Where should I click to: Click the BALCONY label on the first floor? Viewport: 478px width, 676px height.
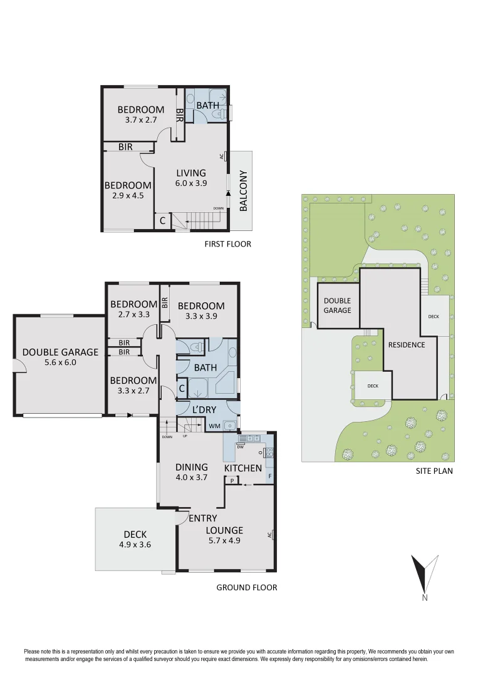click(244, 192)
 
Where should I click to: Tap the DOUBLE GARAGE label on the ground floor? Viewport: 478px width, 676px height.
click(60, 352)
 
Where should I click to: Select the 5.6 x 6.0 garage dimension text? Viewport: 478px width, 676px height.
click(60, 362)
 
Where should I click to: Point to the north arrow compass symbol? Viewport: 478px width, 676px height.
click(424, 576)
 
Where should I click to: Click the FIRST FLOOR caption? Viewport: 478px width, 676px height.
click(227, 243)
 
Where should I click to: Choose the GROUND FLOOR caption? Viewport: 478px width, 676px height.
click(246, 587)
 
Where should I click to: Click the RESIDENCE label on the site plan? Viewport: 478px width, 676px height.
click(406, 345)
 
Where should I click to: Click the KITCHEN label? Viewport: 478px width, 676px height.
click(243, 468)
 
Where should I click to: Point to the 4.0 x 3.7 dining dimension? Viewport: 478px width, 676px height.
click(192, 478)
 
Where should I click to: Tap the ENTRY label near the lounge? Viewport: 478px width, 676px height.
click(203, 518)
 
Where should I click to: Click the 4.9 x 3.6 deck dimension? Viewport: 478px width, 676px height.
click(135, 545)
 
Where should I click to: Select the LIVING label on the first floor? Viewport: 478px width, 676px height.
click(190, 173)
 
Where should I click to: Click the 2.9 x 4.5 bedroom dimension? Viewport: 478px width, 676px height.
click(128, 195)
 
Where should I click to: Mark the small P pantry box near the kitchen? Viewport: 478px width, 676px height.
click(232, 481)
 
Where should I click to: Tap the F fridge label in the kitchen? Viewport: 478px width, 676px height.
click(270, 476)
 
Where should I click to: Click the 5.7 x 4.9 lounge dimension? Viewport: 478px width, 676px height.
click(224, 541)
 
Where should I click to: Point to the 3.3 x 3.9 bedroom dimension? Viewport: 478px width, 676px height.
click(200, 316)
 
